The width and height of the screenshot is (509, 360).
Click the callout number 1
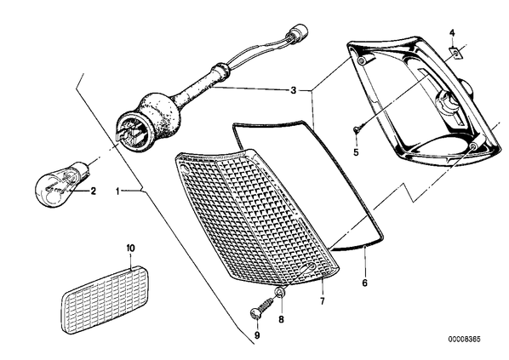click(x=117, y=191)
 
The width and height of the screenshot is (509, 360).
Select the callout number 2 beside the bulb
click(x=93, y=191)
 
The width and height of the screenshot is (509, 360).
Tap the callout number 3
click(x=293, y=90)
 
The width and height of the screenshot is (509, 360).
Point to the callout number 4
click(x=452, y=33)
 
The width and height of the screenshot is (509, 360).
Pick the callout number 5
click(x=356, y=152)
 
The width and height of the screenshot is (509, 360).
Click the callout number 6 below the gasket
click(x=364, y=283)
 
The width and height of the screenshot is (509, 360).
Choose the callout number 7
click(x=322, y=301)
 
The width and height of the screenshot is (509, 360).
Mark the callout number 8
click(x=281, y=319)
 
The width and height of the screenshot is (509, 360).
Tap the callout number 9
click(x=257, y=335)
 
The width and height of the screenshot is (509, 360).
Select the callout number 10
click(x=130, y=249)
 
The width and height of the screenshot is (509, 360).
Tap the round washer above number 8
click(x=280, y=294)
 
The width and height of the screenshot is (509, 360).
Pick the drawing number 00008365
click(x=465, y=340)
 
